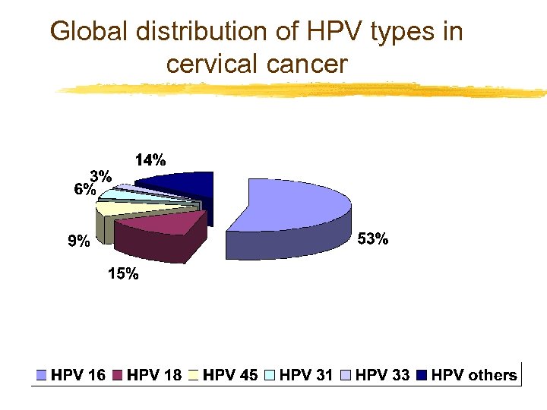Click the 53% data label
point(373,239)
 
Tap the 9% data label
point(78,242)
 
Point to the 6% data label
point(84,190)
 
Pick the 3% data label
point(102,176)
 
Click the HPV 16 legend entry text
point(78,374)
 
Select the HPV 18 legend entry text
point(154,374)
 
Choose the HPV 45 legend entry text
point(231,374)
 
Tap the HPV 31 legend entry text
point(306,374)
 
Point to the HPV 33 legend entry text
point(382,374)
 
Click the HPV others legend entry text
point(474,374)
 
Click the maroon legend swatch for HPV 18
point(119,375)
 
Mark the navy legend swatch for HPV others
point(422,375)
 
